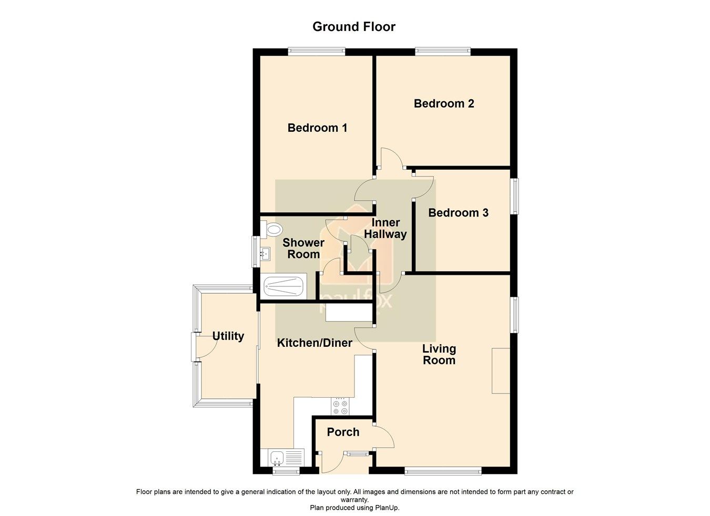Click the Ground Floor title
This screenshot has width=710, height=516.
pos(353,27)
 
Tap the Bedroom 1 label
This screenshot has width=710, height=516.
pos(317,128)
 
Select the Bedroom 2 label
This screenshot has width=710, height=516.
pos(444,104)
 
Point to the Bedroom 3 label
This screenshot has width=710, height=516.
pos(458,213)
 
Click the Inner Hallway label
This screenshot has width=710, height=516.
pos(386,229)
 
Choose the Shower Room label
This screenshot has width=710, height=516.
pos(303,249)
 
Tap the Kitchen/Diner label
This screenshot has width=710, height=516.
pos(315,343)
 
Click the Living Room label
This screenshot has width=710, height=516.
pos(439,355)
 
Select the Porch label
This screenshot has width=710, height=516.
pos(343,432)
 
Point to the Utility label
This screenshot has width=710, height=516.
pos(228,336)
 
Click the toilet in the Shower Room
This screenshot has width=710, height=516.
pos(272,229)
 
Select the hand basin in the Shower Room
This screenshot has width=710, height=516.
pos(265,254)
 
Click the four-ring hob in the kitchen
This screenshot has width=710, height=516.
pos(340,405)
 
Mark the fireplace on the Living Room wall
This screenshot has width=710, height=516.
pos(501,370)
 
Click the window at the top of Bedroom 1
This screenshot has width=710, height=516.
pos(317,51)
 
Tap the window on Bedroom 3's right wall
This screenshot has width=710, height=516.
pos(515,197)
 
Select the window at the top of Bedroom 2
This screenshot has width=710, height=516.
pos(442,51)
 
